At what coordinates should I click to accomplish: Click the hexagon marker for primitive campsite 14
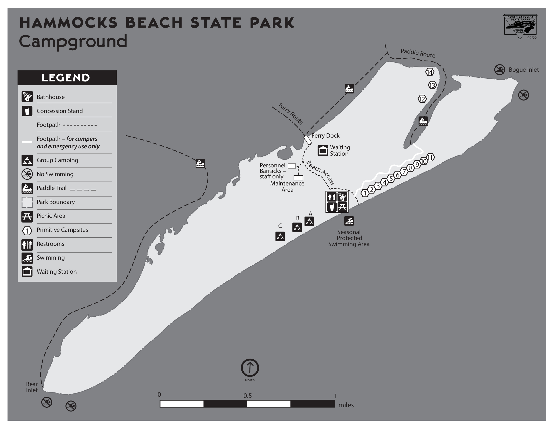pyautogui.click(x=430, y=72)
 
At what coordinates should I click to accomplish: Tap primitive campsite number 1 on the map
pyautogui.click(x=365, y=193)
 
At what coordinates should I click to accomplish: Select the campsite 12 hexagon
pyautogui.click(x=422, y=99)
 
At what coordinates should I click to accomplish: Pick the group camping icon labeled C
pyautogui.click(x=280, y=237)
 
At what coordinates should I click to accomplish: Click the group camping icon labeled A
pyautogui.click(x=309, y=221)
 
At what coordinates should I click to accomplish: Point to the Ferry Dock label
pyautogui.click(x=325, y=136)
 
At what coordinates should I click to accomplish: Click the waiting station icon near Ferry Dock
pyautogui.click(x=323, y=150)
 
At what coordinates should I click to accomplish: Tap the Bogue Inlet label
pyautogui.click(x=523, y=70)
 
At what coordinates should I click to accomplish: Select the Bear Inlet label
pyautogui.click(x=32, y=387)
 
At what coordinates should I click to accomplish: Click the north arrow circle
pyautogui.click(x=250, y=368)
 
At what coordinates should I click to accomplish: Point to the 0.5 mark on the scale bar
pyautogui.click(x=247, y=396)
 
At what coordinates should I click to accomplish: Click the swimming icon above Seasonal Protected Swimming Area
pyautogui.click(x=349, y=221)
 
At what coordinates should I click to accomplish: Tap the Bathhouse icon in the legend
pyautogui.click(x=27, y=97)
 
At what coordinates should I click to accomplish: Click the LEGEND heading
pyautogui.click(x=66, y=78)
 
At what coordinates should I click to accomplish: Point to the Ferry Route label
pyautogui.click(x=290, y=114)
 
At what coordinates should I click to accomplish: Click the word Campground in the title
pyautogui.click(x=73, y=42)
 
